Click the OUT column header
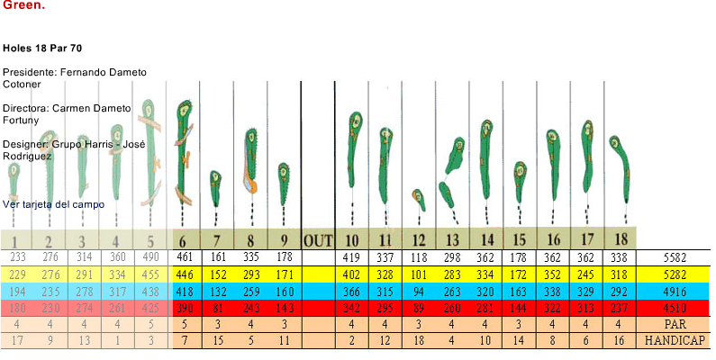tap(318, 240)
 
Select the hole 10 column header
tap(352, 240)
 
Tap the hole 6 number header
tap(183, 240)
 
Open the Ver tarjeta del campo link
tap(53, 204)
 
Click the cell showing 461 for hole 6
tap(185, 257)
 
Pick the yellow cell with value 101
tap(419, 274)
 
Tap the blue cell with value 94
tap(419, 291)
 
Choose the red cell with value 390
tap(185, 308)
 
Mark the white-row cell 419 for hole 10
tap(352, 257)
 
